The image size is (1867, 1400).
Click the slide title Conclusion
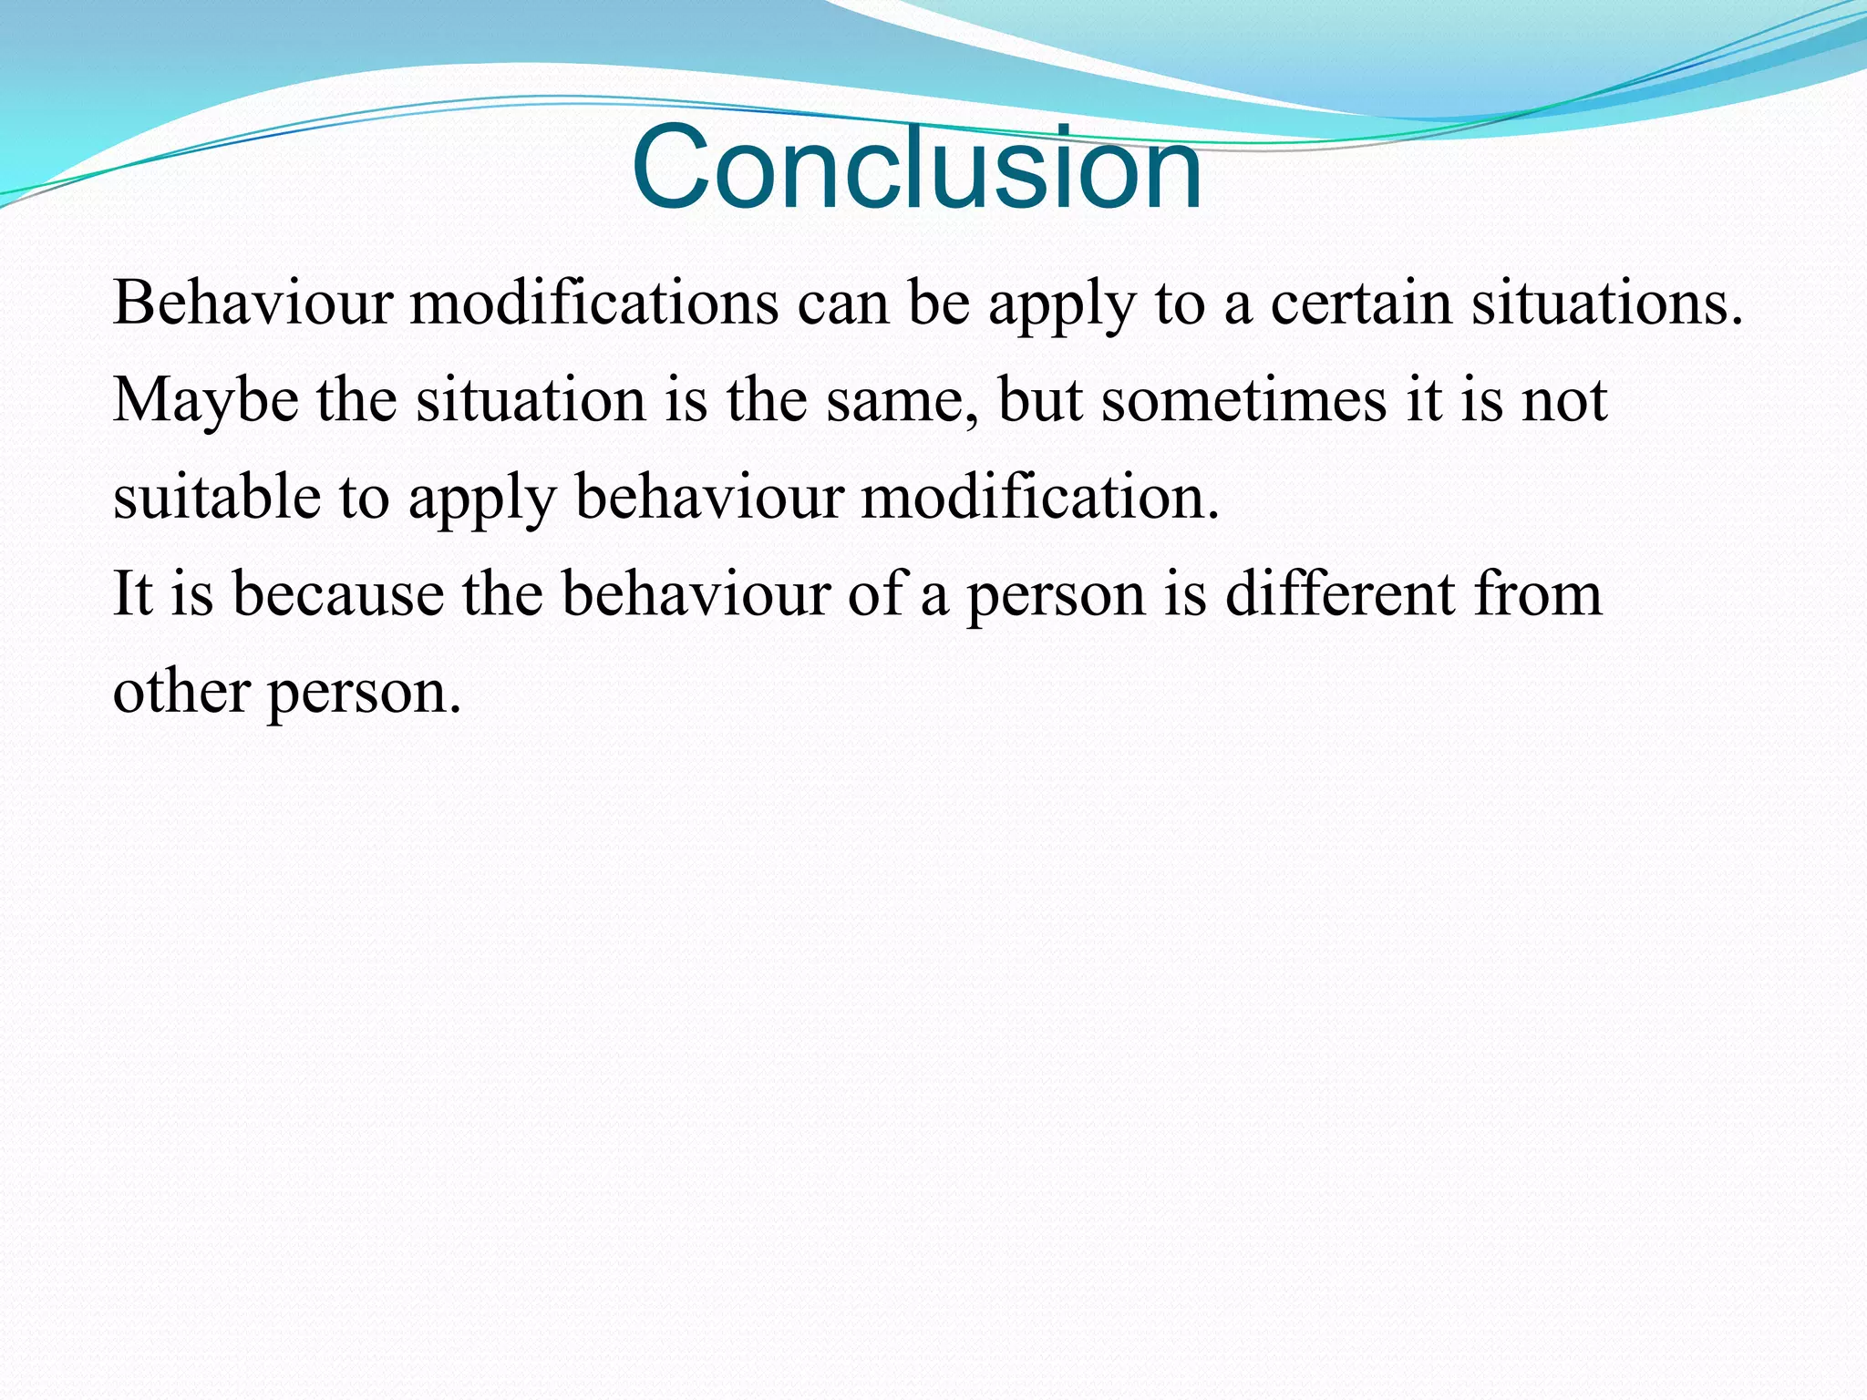[x=916, y=169]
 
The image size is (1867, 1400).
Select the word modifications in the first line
[x=594, y=303]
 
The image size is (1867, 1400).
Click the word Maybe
[x=205, y=401]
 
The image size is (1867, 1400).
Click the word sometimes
[x=1243, y=401]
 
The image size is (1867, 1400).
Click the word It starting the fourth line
[x=131, y=594]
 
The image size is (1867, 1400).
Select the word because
[x=337, y=594]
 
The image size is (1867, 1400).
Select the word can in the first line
[x=843, y=304]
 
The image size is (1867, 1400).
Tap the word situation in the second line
[x=531, y=401]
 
